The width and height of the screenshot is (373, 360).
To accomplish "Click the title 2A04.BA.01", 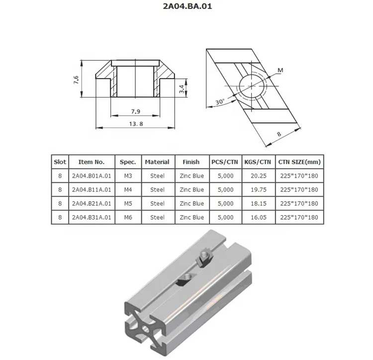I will [x=186, y=8].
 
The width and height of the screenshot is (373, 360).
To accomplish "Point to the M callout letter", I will [x=280, y=70].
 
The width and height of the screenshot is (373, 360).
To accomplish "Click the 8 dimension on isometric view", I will [x=279, y=134].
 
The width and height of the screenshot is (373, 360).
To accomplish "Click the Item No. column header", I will [x=92, y=162].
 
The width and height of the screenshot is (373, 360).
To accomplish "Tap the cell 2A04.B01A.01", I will [x=92, y=176].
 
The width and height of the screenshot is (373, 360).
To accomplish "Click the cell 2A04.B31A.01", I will [x=92, y=218].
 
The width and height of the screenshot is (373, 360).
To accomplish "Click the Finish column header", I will [x=191, y=162].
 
